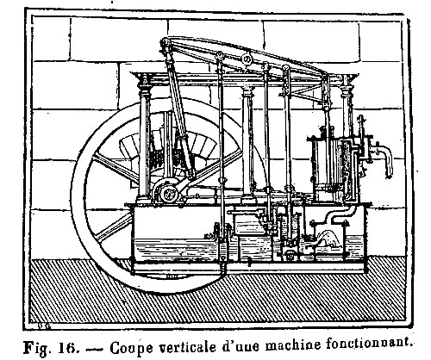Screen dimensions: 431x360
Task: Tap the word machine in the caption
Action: [292, 345]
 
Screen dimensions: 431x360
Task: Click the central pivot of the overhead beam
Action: [247, 59]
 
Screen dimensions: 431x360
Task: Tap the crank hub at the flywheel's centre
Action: [167, 193]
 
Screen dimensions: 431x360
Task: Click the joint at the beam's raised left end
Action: [166, 44]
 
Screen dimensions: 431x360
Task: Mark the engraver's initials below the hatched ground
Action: [44, 326]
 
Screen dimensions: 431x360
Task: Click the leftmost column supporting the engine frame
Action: [145, 138]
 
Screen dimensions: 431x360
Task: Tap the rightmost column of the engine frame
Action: [347, 106]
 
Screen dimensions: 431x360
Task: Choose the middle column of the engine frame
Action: [247, 140]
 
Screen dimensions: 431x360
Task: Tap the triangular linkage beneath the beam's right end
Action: [307, 93]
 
